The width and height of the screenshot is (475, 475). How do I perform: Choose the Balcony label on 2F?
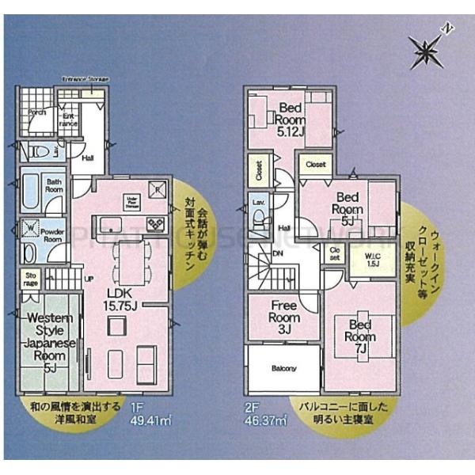click(x=283, y=368)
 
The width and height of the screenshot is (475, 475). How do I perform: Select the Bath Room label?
click(x=53, y=186)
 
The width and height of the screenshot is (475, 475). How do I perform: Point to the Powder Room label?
click(x=52, y=235)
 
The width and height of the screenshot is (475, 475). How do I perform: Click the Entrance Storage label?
click(x=85, y=80)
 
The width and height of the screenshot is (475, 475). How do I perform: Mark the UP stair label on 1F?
click(x=88, y=279)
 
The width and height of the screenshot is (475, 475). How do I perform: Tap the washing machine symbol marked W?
click(x=30, y=230)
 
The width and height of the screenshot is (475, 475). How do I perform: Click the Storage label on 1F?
click(x=30, y=278)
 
